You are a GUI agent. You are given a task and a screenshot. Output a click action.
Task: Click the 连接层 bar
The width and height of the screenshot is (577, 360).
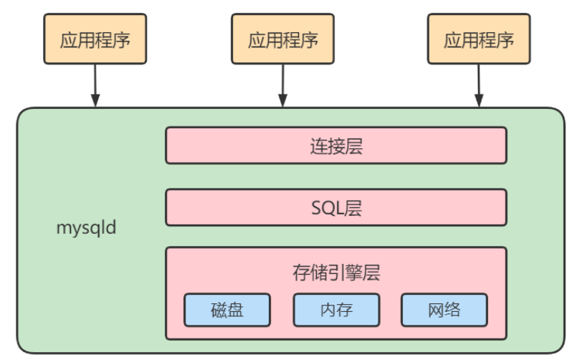pos(335,146)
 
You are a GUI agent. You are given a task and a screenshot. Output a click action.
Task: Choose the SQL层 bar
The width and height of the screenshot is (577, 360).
pos(335,208)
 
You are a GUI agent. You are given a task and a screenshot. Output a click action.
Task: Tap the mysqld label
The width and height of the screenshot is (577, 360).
pos(86,229)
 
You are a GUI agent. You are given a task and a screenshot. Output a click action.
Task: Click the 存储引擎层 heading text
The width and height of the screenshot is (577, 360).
pos(335,273)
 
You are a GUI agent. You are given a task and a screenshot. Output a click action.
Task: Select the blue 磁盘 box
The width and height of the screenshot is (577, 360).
pos(227,310)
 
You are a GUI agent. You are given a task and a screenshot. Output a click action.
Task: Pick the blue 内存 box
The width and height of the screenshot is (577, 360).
pos(335,310)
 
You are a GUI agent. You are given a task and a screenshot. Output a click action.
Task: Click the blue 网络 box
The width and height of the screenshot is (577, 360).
pos(444,310)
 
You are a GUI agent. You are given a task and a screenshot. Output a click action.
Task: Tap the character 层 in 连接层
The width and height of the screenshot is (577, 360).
pos(353,146)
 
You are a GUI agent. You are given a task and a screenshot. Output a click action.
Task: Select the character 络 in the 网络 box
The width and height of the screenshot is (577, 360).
pos(453,310)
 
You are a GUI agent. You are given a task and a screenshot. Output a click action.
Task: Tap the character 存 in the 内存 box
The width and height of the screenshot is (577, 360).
pos(345,310)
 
